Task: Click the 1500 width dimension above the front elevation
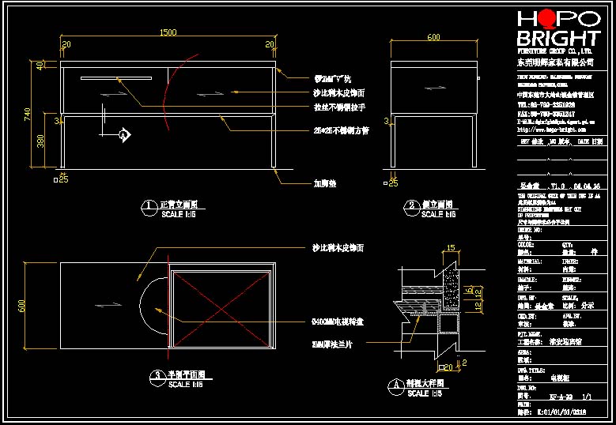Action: tap(168, 33)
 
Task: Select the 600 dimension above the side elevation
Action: tap(433, 37)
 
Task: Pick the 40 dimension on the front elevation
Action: tap(40, 66)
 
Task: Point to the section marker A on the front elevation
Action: tap(123, 136)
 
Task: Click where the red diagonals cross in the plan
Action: tap(222, 309)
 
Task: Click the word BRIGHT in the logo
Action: tap(557, 39)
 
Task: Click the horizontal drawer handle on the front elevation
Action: tap(115, 77)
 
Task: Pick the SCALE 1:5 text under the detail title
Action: tap(432, 393)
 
